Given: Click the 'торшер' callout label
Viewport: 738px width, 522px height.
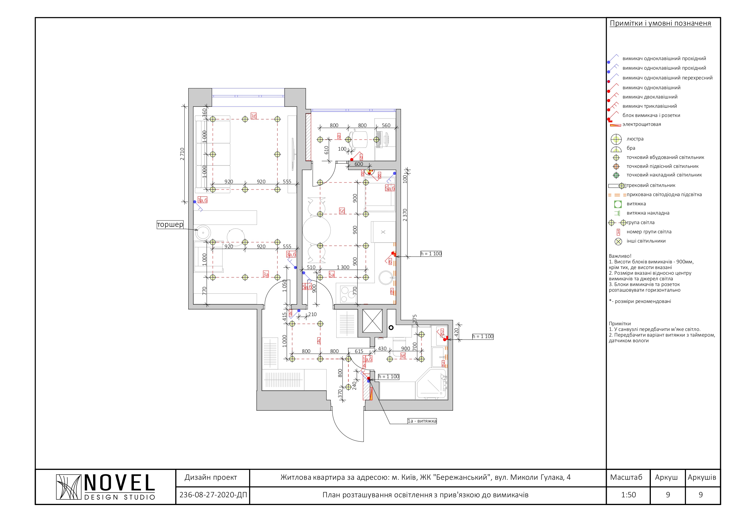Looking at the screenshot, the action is click(x=170, y=224).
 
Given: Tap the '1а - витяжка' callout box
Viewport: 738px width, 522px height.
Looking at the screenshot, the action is click(x=422, y=421).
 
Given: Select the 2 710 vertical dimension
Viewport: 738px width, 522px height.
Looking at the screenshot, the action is click(x=182, y=154).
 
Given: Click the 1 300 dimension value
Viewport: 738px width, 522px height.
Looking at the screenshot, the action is click(x=343, y=267).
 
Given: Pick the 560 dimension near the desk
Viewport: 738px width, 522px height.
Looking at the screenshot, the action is click(x=386, y=125).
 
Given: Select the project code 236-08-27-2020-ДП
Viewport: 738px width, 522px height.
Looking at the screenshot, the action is click(x=213, y=495).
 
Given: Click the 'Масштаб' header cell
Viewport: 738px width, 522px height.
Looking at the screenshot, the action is click(x=626, y=477).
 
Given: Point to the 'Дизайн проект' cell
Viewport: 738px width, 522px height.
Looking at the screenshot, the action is click(x=211, y=477).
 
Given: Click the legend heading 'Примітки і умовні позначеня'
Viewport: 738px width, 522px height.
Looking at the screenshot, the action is click(x=660, y=23).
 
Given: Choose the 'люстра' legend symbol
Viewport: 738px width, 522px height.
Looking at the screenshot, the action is click(x=616, y=139).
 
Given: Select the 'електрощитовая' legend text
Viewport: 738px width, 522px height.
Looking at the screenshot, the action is click(x=642, y=124).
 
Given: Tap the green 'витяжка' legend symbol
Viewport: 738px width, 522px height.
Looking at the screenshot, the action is click(x=618, y=204).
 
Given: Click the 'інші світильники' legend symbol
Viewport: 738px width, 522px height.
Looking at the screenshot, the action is click(x=618, y=242).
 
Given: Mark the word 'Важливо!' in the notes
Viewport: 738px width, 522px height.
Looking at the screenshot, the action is click(x=620, y=256).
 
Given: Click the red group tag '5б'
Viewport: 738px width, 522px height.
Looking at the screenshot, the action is click(x=342, y=211).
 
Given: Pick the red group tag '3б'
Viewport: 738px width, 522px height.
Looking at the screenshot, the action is click(x=254, y=116).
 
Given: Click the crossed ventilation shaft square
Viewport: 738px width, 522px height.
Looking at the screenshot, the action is click(x=372, y=321).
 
